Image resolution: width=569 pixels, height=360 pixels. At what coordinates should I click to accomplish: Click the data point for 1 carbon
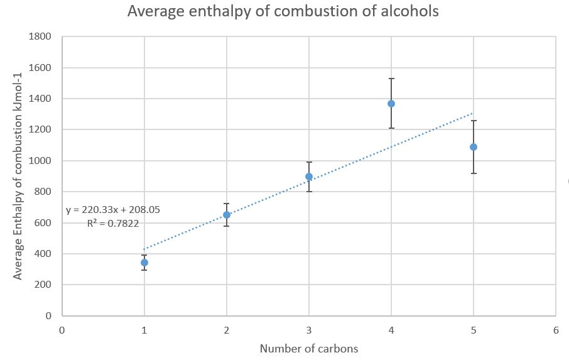click(144, 263)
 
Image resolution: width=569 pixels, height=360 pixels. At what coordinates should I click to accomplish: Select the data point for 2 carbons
click(227, 215)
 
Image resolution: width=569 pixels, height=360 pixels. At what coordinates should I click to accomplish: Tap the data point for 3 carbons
click(309, 177)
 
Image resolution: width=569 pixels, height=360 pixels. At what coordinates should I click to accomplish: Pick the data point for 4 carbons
click(391, 104)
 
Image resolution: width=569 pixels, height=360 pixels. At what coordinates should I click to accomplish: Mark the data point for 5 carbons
click(474, 147)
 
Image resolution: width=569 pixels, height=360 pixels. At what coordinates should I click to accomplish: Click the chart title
click(283, 11)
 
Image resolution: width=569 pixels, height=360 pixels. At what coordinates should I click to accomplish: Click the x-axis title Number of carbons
click(308, 349)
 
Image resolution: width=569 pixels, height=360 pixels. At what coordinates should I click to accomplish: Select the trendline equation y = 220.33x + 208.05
click(113, 209)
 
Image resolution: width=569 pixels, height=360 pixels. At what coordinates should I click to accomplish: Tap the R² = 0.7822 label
click(113, 222)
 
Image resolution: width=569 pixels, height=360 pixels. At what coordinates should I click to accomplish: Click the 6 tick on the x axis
click(556, 329)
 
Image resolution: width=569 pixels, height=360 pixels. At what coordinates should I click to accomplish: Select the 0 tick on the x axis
click(62, 329)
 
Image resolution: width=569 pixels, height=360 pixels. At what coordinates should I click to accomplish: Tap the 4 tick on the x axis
click(391, 329)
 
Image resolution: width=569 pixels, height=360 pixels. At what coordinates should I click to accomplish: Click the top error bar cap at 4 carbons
click(391, 79)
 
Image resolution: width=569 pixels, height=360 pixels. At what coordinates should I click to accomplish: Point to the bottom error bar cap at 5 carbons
click(474, 173)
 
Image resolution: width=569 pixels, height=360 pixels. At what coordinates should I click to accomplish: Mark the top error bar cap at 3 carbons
click(309, 162)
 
